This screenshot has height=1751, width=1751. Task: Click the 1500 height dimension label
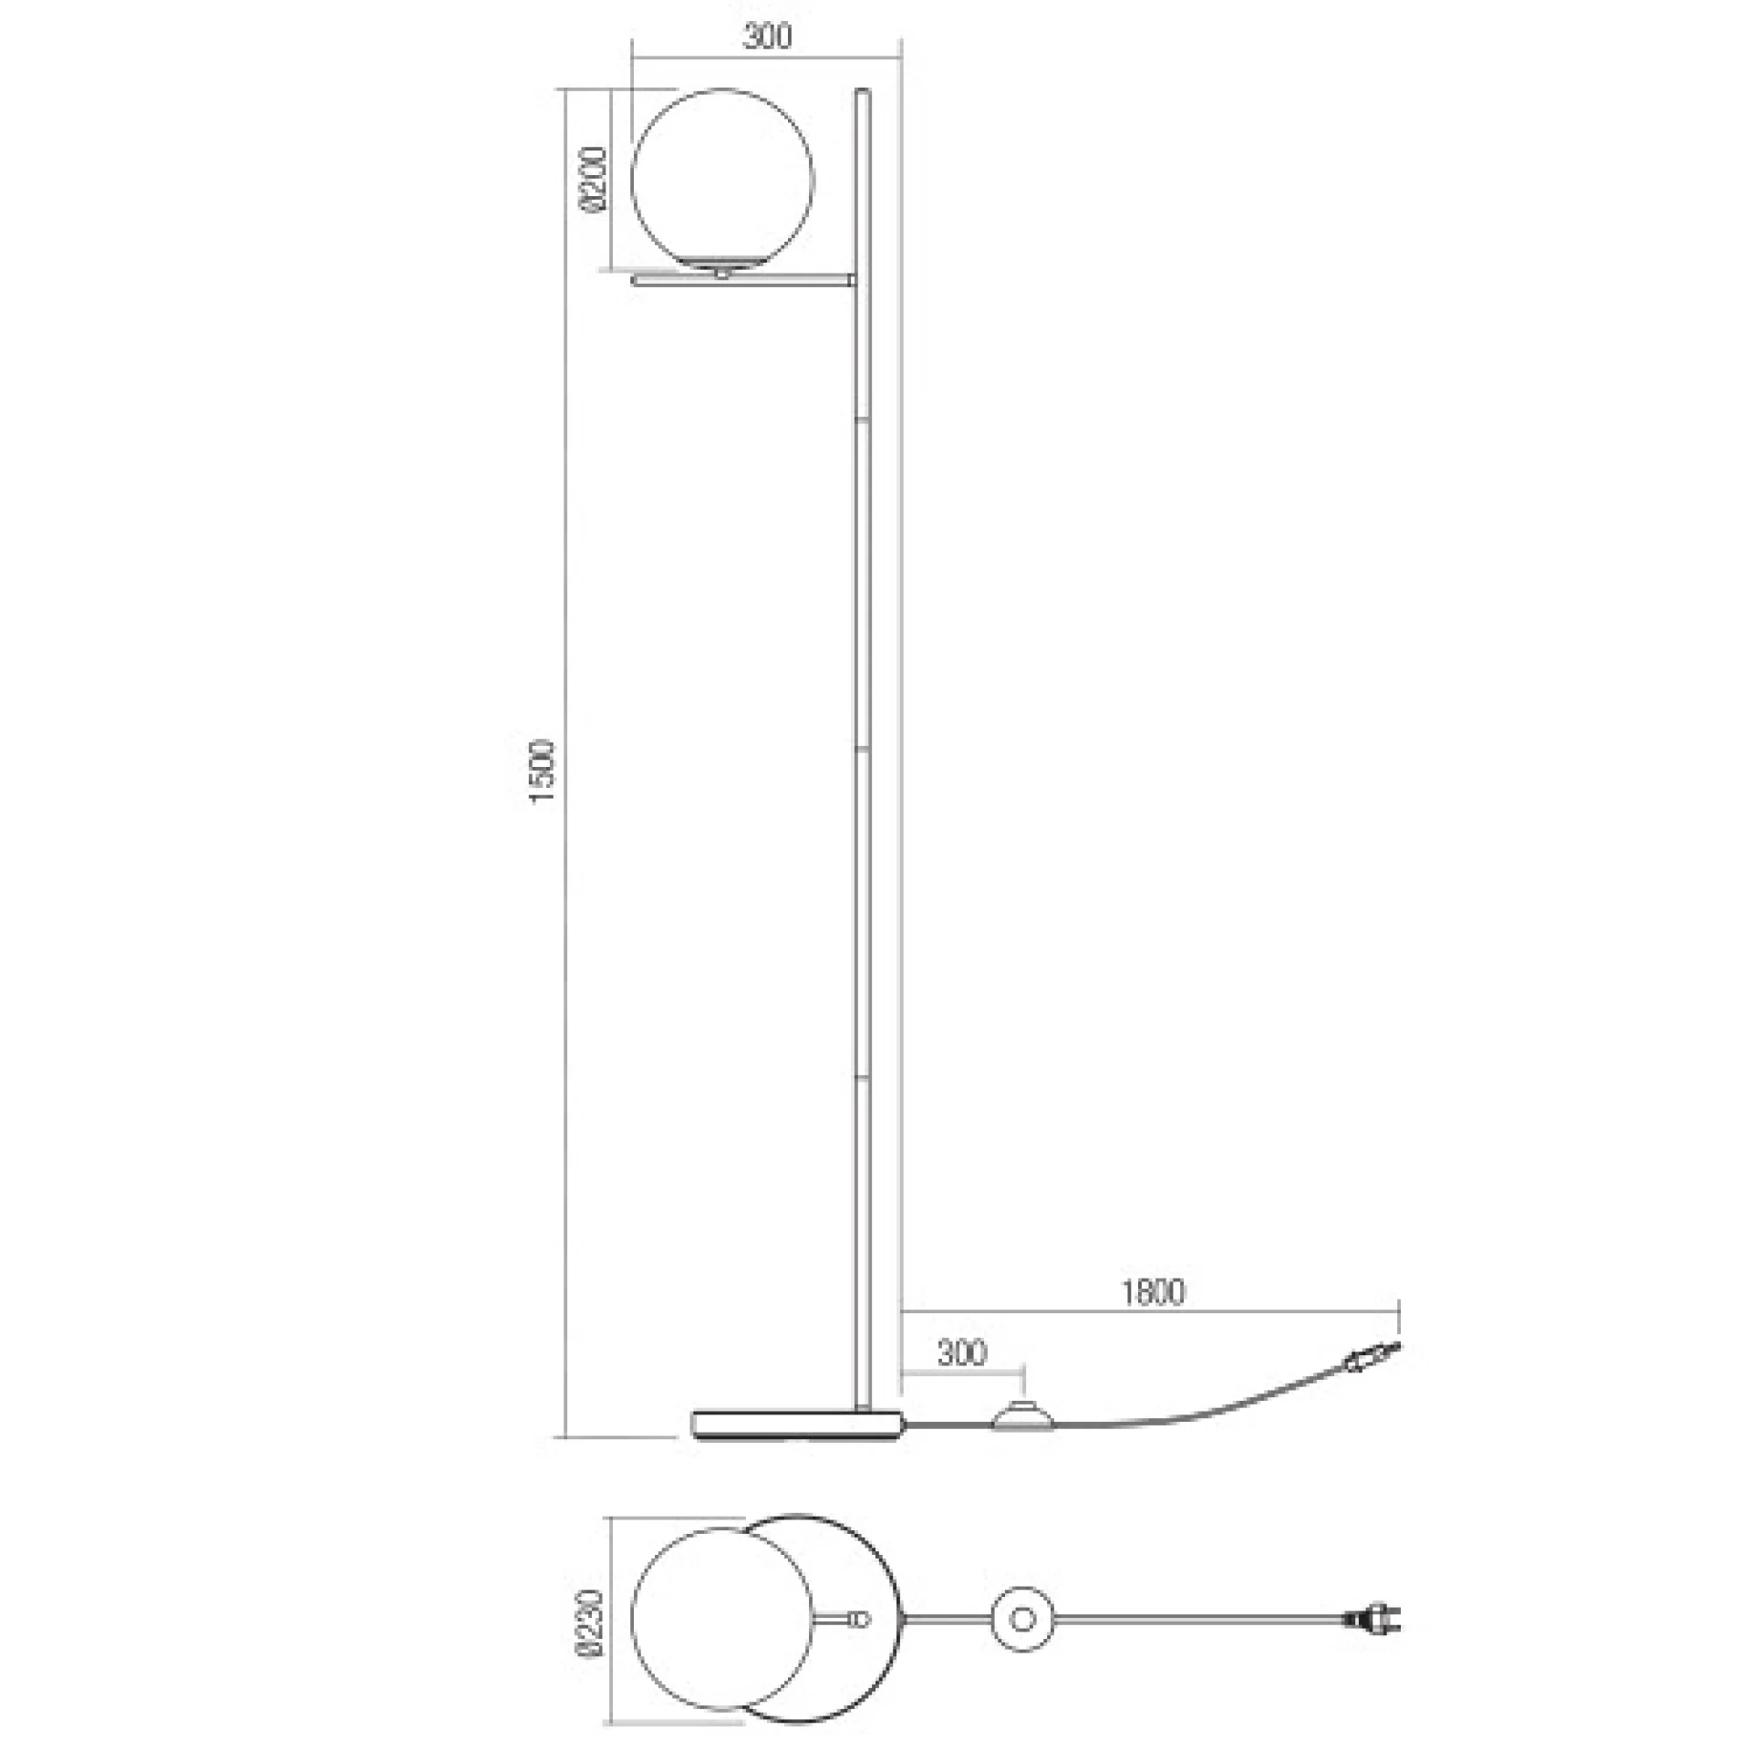tap(542, 772)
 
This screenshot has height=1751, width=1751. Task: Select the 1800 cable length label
tap(1153, 1292)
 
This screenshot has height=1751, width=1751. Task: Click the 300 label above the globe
tap(768, 36)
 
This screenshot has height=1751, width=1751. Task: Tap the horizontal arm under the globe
tap(744, 282)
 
